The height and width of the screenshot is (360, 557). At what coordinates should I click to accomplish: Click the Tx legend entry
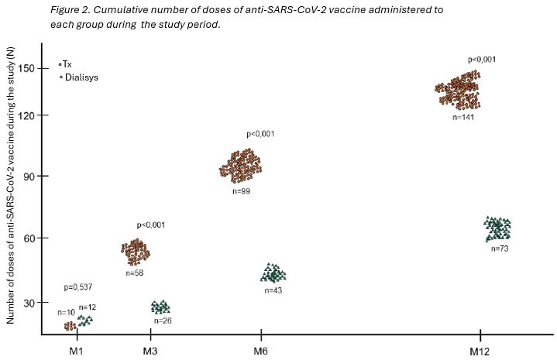tap(67, 64)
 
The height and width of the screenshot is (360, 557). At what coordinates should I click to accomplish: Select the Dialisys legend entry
tap(81, 77)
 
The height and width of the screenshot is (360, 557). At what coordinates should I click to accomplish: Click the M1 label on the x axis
tap(76, 350)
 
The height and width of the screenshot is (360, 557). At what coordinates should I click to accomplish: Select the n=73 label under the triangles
tap(500, 248)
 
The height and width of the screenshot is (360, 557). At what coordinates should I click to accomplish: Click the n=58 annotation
tap(136, 273)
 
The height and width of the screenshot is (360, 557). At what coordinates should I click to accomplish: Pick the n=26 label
tap(162, 320)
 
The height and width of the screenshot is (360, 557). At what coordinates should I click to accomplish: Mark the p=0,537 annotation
tap(78, 288)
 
